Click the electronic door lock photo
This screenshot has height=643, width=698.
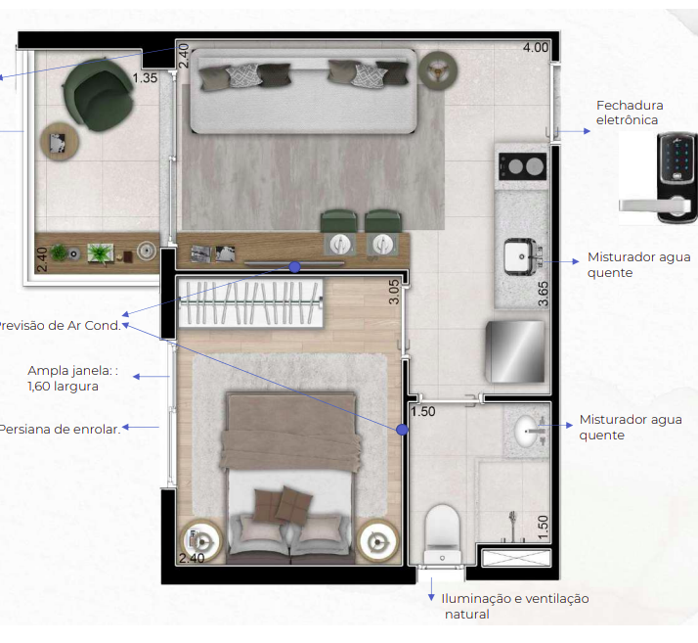tap(659, 172)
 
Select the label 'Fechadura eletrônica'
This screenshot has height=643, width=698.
tap(630, 113)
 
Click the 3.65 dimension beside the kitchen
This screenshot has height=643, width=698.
tap(545, 293)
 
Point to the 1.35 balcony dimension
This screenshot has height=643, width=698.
tap(145, 78)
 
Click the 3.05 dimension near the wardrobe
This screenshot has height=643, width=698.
tap(394, 293)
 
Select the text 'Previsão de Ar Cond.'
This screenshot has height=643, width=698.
tap(59, 325)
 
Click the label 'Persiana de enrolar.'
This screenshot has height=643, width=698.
tap(60, 428)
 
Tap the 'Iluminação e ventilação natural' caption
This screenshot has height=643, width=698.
tap(514, 606)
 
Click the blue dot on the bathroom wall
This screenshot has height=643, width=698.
tap(401, 430)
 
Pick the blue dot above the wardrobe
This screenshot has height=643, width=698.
tap(293, 266)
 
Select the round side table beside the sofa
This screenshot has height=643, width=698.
tap(437, 68)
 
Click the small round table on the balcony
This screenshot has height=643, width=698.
tap(58, 143)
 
